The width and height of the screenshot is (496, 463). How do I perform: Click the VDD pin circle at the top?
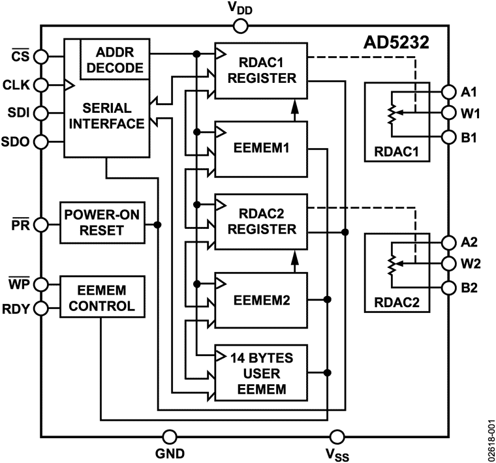pos(240,26)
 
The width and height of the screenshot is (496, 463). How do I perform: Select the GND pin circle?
pos(170,436)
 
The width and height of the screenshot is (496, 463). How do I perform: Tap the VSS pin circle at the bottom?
pos(337,436)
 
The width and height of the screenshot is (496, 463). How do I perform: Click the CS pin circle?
pos(40,56)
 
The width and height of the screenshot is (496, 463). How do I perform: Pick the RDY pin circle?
pos(40,309)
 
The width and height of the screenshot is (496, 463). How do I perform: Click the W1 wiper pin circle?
pos(448,113)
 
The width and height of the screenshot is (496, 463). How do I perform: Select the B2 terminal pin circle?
pos(448,288)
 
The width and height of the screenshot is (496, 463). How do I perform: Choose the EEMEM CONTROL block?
pos(101,297)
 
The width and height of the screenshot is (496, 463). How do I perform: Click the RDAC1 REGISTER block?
pos(260,70)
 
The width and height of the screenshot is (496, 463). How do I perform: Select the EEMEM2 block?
pos(260,300)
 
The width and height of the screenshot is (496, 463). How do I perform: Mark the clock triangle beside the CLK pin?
pos(68,84)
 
